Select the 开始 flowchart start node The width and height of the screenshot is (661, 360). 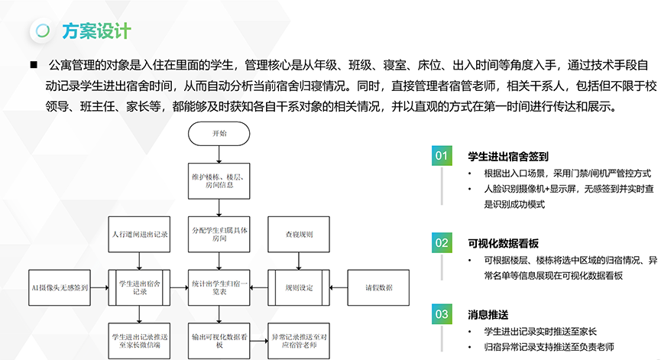pyautogui.click(x=219, y=134)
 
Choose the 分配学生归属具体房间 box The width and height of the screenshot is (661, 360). pyautogui.click(x=219, y=235)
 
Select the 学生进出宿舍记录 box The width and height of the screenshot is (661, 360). pyautogui.click(x=138, y=287)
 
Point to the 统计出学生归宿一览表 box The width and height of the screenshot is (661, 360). pyautogui.click(x=219, y=287)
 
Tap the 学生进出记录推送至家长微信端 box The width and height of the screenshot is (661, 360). pyautogui.click(x=138, y=339)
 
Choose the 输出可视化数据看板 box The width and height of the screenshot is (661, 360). pyautogui.click(x=219, y=339)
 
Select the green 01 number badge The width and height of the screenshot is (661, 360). pyautogui.click(x=442, y=155)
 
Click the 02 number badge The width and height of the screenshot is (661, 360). pyautogui.click(x=442, y=243)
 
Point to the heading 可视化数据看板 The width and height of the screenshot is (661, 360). pyautogui.click(x=504, y=243)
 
